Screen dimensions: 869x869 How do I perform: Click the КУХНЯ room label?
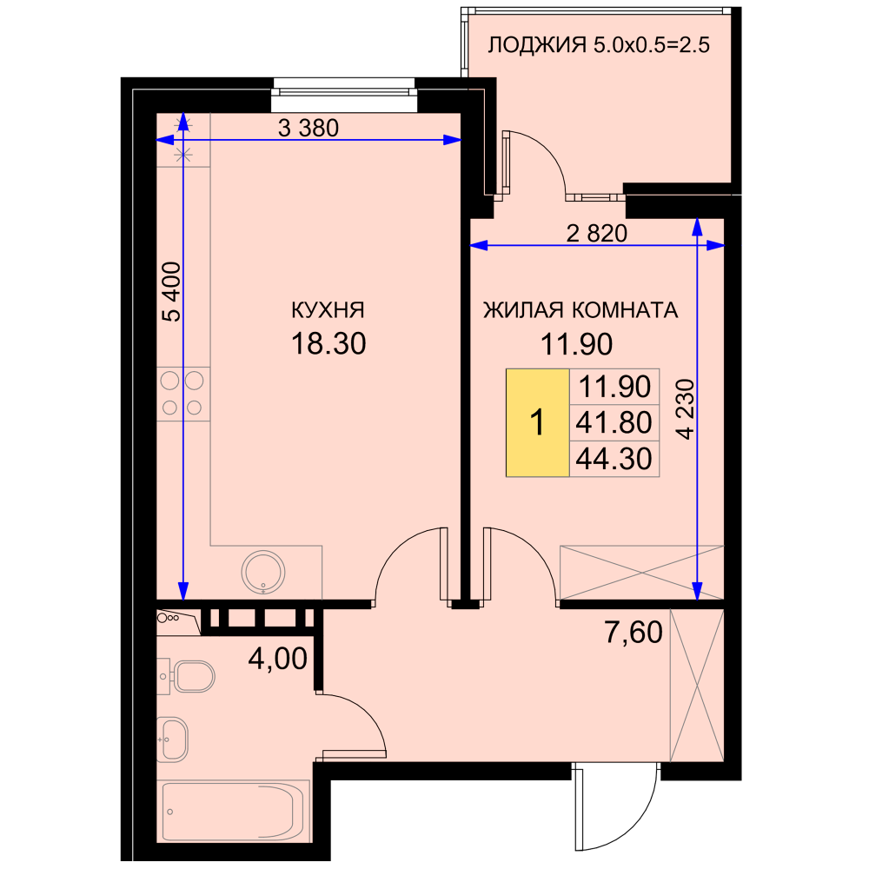click(328, 310)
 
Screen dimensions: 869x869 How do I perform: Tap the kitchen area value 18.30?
click(328, 343)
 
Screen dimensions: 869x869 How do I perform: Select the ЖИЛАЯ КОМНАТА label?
click(580, 310)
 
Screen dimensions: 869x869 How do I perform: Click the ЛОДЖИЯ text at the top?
click(536, 45)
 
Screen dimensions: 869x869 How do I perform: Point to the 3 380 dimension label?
click(308, 128)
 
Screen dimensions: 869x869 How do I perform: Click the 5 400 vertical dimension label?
click(172, 291)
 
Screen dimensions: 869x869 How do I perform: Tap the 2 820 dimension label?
click(597, 233)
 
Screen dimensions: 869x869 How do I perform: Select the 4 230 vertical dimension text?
click(687, 409)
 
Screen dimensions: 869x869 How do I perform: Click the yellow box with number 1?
click(538, 422)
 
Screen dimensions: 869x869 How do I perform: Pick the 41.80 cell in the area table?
click(614, 423)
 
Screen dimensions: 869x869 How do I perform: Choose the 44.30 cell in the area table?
click(614, 459)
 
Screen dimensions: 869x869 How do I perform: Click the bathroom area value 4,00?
click(278, 659)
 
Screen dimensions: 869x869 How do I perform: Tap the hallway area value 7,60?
click(634, 633)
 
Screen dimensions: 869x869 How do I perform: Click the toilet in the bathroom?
click(189, 676)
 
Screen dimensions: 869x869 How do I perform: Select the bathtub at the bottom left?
click(233, 812)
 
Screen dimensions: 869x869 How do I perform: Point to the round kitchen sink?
click(263, 573)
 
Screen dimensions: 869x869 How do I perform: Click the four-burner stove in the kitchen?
click(182, 394)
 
